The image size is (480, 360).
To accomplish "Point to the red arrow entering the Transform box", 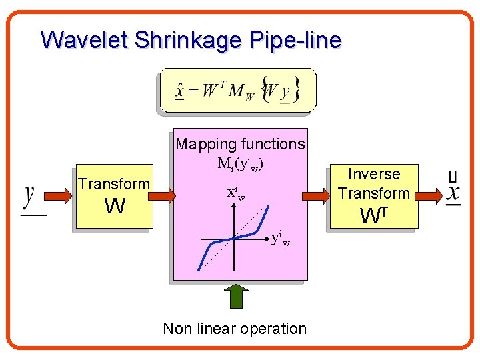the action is pyautogui.click(x=59, y=196).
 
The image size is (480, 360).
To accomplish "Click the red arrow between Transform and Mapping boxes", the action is pyautogui.click(x=162, y=196).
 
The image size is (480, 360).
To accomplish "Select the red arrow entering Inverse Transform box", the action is pyautogui.click(x=316, y=196).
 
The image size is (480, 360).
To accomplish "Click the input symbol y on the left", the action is pyautogui.click(x=30, y=197).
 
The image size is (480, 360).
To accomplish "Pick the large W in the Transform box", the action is pyautogui.click(x=115, y=207).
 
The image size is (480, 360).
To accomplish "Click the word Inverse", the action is pyautogui.click(x=374, y=174).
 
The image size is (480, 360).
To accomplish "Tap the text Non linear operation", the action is pyautogui.click(x=235, y=329).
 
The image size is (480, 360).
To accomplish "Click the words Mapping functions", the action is pyautogui.click(x=240, y=144).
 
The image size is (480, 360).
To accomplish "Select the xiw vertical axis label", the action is pyautogui.click(x=235, y=194).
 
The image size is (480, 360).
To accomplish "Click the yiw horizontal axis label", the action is pyautogui.click(x=280, y=238).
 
